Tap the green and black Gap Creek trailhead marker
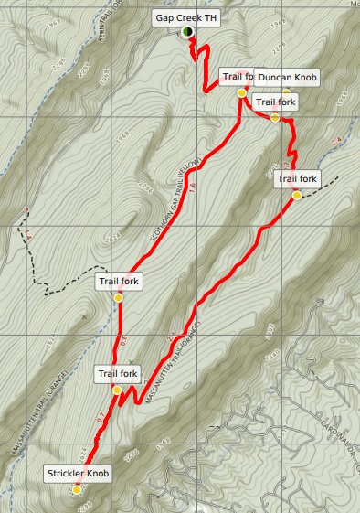tap(186, 32)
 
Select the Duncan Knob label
tap(286, 78)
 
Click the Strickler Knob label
tap(78, 473)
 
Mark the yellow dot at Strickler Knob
tap(78, 489)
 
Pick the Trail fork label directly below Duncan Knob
tap(275, 101)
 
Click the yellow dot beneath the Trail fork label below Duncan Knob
tap(275, 117)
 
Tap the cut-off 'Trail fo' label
tap(236, 77)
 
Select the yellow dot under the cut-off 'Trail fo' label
tap(241, 93)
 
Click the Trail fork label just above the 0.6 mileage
tap(119, 281)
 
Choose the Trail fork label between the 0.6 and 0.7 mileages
tap(117, 373)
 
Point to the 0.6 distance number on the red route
tap(123, 339)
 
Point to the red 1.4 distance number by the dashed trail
tap(30, 236)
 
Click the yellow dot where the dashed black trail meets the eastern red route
tap(297, 196)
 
